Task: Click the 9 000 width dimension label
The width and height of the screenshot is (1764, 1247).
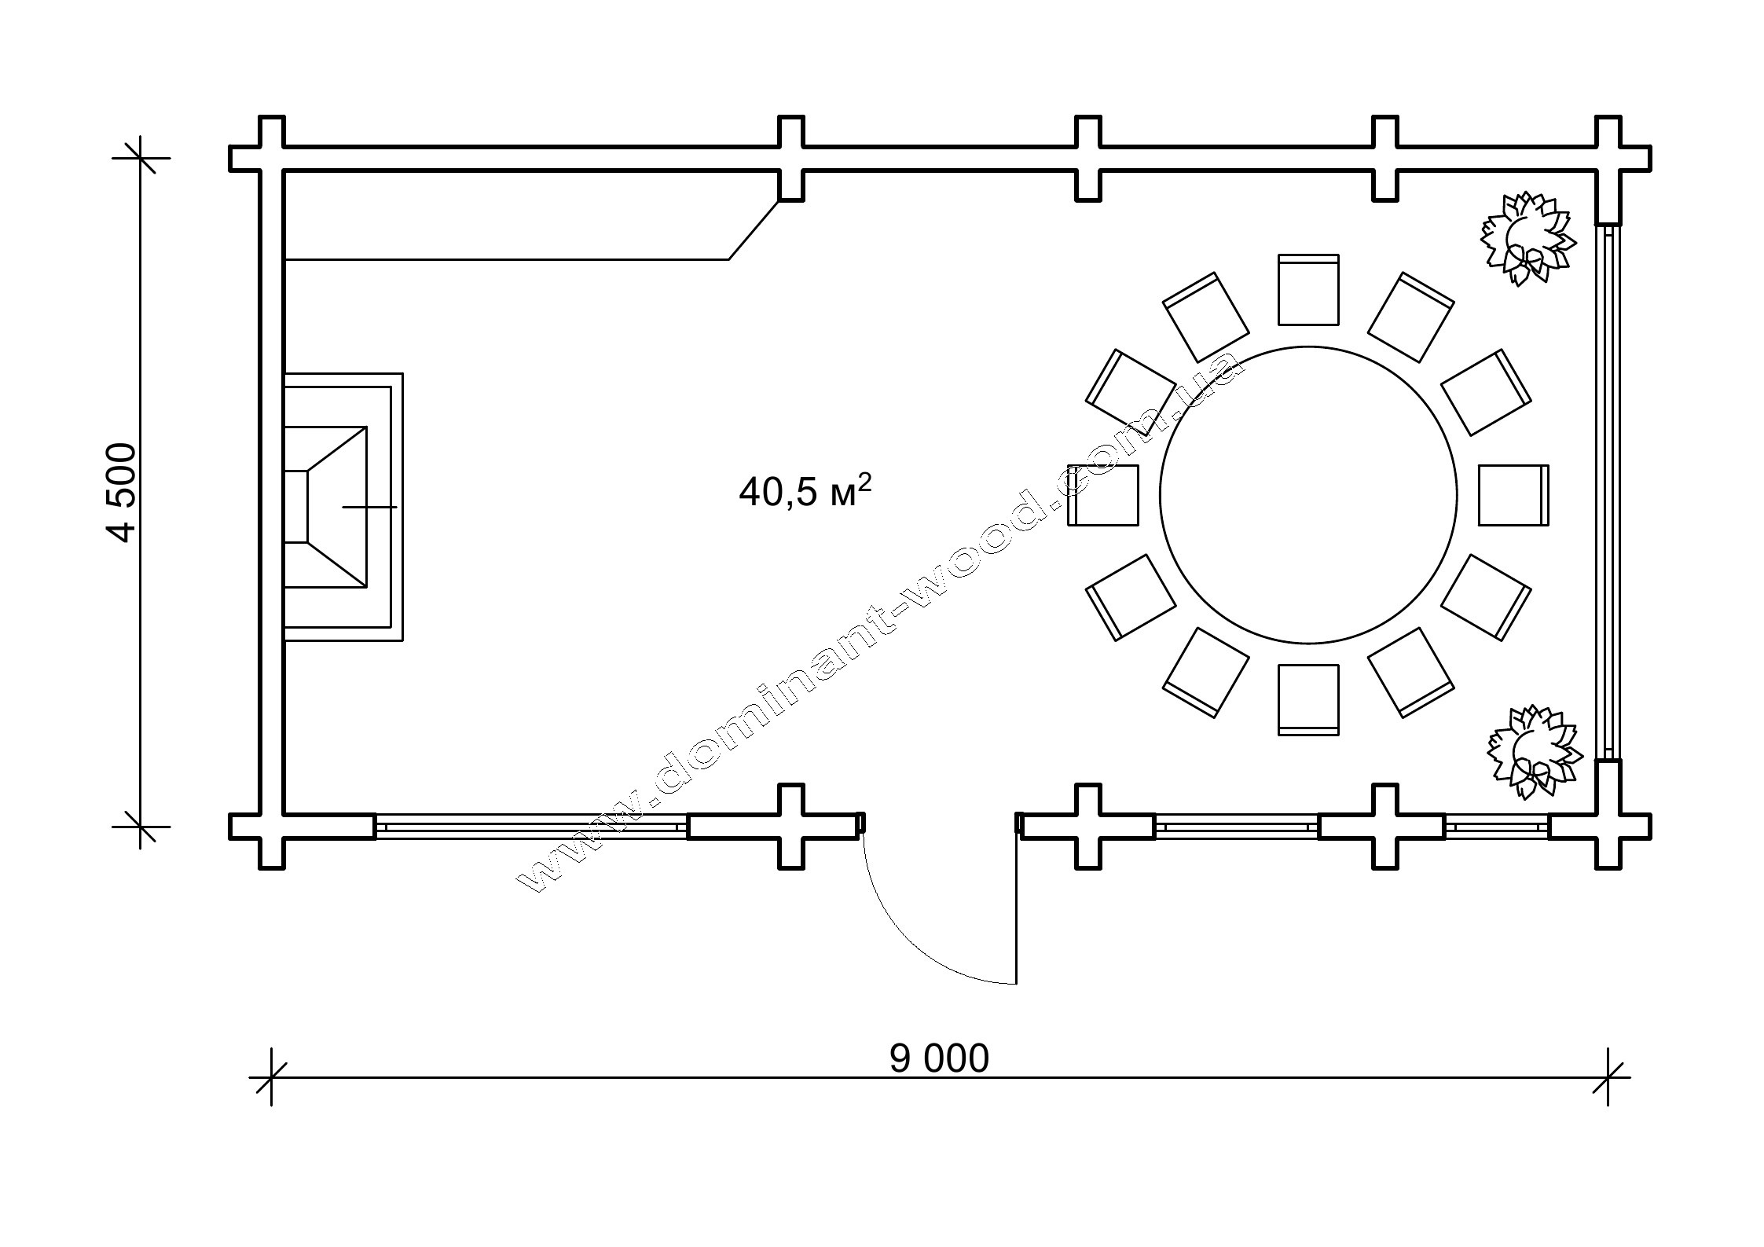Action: tap(939, 1059)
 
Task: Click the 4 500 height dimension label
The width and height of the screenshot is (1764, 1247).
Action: tap(123, 493)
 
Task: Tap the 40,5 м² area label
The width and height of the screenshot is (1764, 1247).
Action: tap(805, 491)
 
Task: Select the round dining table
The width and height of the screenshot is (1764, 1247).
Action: tap(1308, 495)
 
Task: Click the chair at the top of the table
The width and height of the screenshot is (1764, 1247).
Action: tap(1308, 289)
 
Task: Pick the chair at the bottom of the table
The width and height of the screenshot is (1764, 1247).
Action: tap(1308, 700)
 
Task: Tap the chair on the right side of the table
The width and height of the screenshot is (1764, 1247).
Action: tap(1514, 495)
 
